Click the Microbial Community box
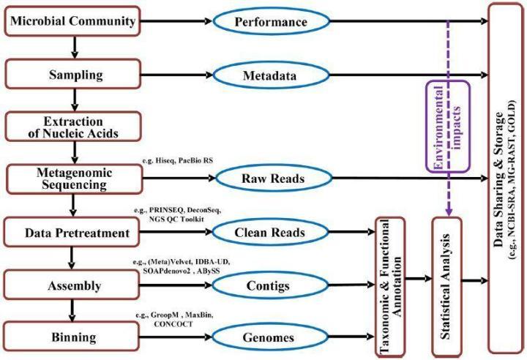coord(72,20)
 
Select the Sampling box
coord(72,74)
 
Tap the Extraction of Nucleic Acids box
coord(72,127)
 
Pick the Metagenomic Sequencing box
coord(74,179)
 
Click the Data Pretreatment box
coord(72,232)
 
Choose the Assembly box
coord(72,285)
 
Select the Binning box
coord(72,337)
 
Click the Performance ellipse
coord(271,21)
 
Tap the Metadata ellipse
coord(271,75)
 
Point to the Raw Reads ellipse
coord(274,178)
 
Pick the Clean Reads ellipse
coord(270,232)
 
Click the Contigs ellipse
coord(270,285)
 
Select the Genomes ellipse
coord(270,337)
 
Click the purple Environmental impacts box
coord(447,127)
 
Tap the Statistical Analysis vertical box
coord(446,287)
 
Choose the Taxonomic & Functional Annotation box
coord(390,287)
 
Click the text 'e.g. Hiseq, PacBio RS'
coord(177,160)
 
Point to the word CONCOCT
coord(173,324)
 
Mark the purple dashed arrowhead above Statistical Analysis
coord(449,211)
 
